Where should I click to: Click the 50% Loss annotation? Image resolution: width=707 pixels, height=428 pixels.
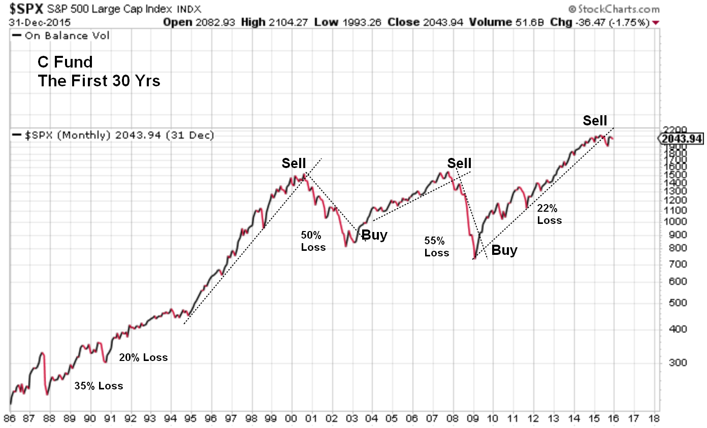313,241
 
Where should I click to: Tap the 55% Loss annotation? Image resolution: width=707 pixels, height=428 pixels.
437,246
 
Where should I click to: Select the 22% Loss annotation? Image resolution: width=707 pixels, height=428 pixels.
550,214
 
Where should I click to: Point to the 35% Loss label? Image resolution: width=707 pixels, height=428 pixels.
99,386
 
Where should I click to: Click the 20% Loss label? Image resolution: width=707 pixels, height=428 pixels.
143,357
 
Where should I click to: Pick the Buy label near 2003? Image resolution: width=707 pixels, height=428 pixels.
374,235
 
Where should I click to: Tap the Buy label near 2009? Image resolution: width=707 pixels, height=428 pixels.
504,250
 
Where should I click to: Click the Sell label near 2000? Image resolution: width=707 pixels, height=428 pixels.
294,163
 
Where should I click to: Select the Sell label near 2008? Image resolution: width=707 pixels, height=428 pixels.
459,163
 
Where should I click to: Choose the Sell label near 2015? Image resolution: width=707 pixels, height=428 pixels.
595,121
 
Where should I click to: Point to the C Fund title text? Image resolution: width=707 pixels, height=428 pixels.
65,62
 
